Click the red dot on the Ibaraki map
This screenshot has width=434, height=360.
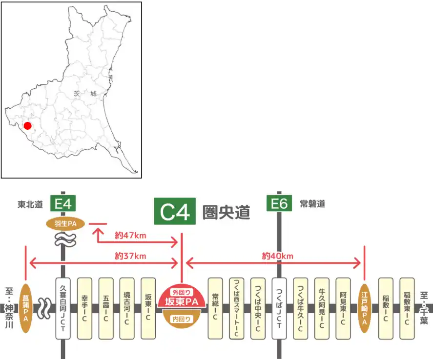[x=28, y=126]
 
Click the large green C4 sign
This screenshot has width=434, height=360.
[x=175, y=211]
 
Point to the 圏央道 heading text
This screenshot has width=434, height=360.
[x=227, y=212]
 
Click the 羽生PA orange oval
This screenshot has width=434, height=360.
[x=65, y=224]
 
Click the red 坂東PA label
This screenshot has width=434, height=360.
[x=182, y=302]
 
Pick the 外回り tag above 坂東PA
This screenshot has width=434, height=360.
[x=182, y=292]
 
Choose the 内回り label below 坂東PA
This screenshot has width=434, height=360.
[x=182, y=320]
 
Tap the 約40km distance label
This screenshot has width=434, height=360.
[x=277, y=255]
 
